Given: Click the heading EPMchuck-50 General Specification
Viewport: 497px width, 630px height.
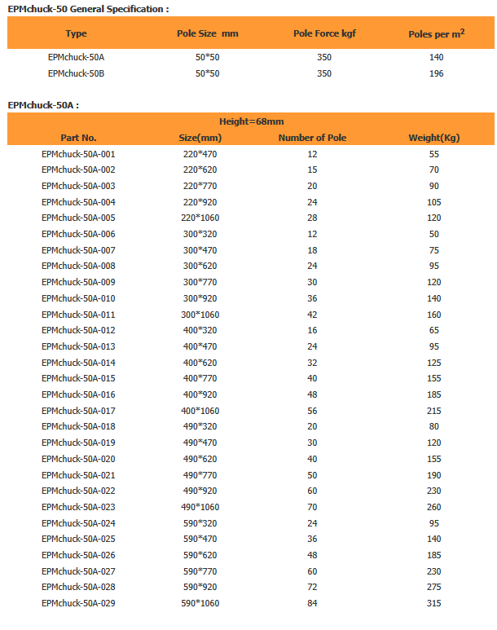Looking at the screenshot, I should pos(89,9).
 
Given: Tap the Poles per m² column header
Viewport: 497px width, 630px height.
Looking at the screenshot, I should pos(436,33).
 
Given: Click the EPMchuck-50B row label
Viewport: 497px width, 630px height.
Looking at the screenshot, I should pos(76,73).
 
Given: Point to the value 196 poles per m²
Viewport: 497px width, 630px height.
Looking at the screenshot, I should pos(436,73).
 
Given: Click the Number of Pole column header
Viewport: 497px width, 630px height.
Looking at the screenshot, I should pos(312,138).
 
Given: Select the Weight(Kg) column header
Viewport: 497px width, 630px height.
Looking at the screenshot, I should pos(433,138).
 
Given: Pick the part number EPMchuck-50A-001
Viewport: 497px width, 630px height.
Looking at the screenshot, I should pos(78,154).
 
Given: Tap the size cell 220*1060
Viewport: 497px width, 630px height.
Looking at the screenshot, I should pos(200,218).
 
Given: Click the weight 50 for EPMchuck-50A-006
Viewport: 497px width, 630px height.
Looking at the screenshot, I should pos(433,234).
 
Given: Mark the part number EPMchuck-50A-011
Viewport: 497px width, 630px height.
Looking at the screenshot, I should pos(78,314).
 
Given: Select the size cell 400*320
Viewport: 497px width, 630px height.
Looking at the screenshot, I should pos(200,330).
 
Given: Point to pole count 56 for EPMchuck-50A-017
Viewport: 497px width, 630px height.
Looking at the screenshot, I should pos(312,411).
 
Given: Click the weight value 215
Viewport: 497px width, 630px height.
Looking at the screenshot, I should pos(433,411).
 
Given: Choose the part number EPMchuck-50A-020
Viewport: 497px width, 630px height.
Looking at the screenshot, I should pos(78,459).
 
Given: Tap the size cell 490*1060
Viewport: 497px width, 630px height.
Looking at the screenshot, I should pos(200,507).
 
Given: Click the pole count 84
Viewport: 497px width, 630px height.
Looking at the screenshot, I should pos(312,603).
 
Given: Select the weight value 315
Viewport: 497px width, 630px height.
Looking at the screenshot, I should pos(433,603).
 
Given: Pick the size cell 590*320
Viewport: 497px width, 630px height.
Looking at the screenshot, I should pos(200,523).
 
